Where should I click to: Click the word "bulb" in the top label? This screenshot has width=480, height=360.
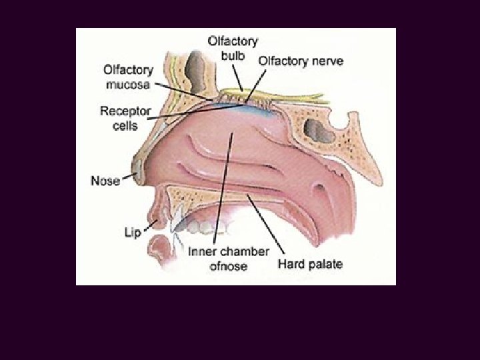[234, 53]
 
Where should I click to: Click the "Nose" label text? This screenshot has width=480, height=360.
[105, 181]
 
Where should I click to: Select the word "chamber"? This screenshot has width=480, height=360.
[245, 252]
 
